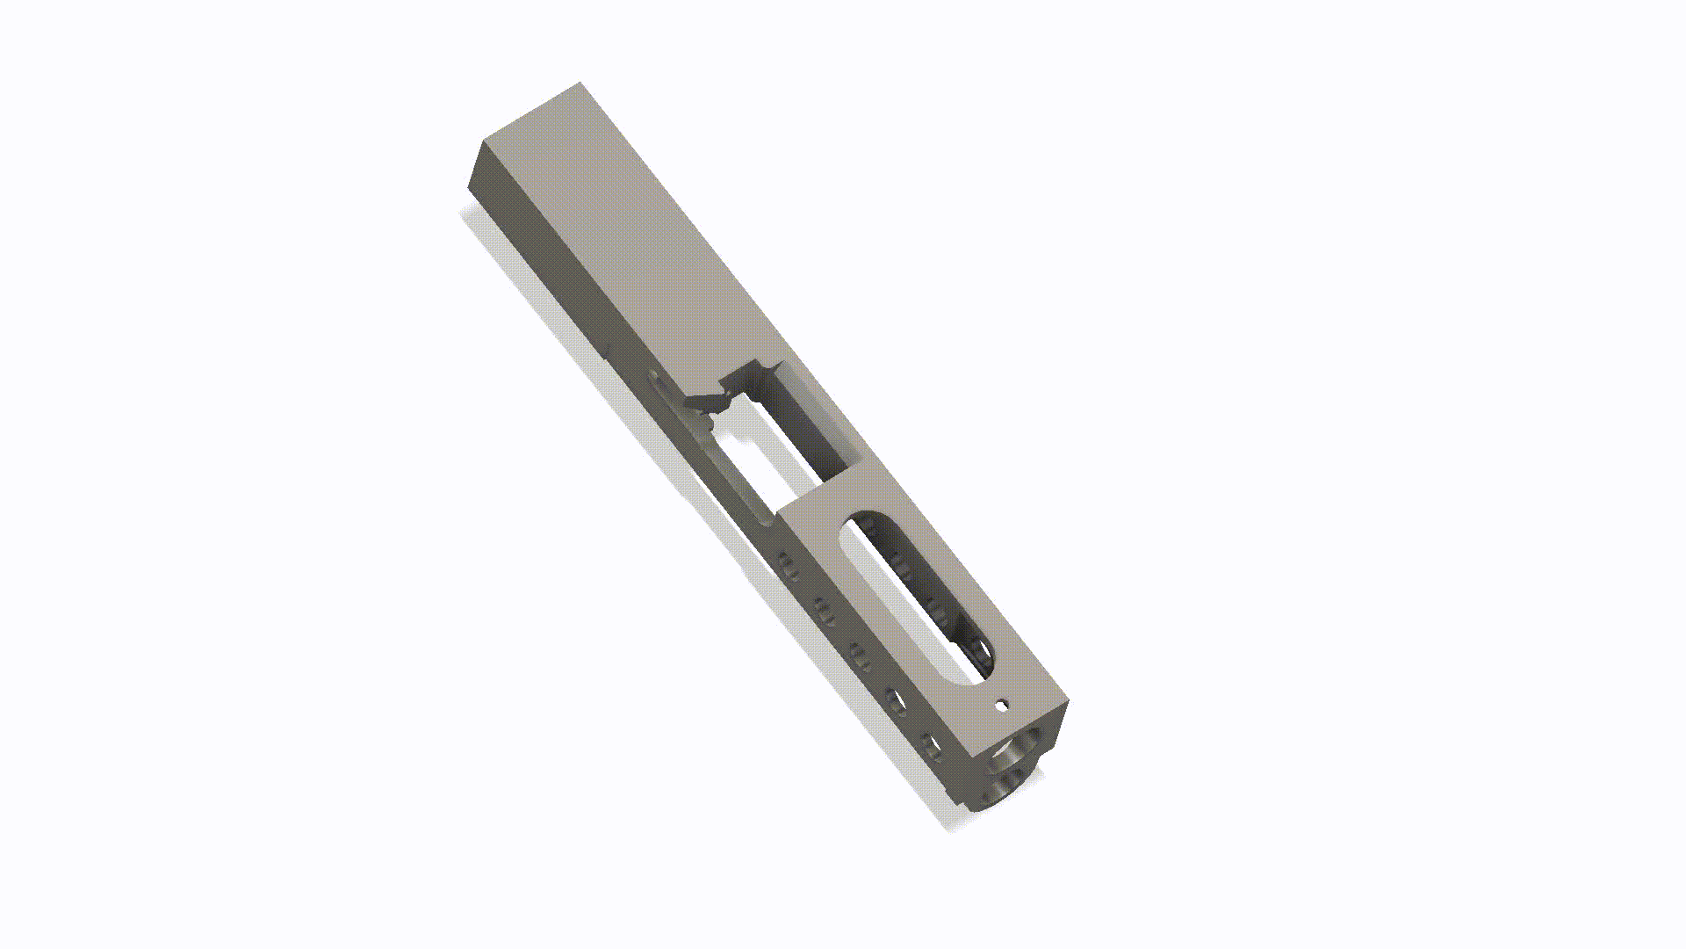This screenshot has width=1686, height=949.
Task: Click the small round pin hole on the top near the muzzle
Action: (1001, 704)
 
